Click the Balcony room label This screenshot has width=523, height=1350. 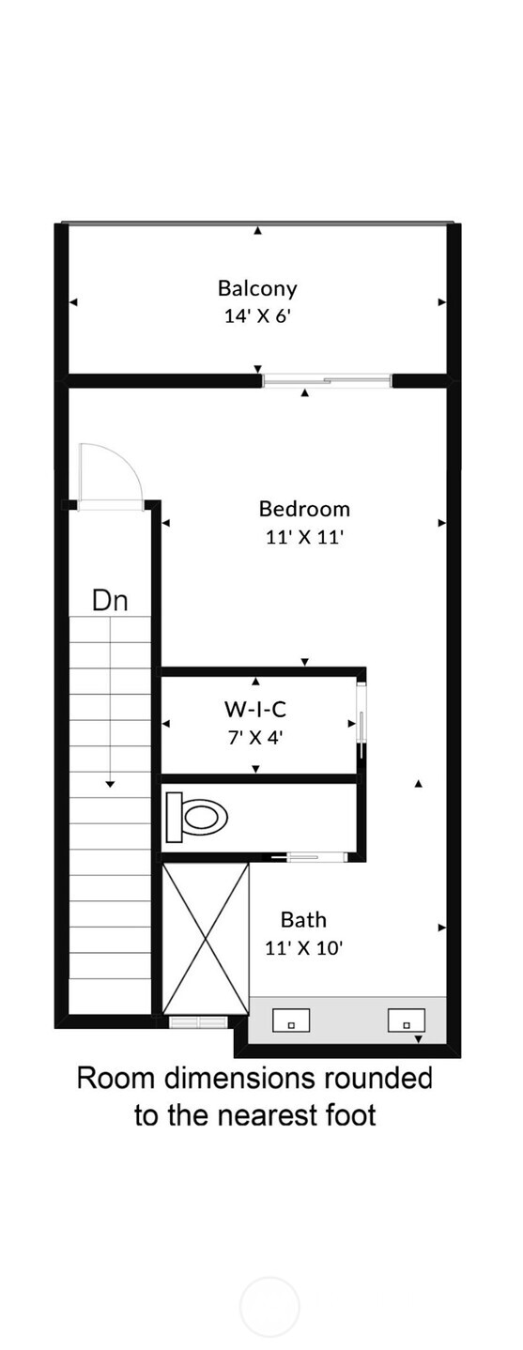click(257, 288)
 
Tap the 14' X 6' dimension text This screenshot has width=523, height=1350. click(257, 316)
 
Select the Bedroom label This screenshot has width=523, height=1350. click(304, 509)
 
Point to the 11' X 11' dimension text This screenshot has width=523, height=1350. click(304, 538)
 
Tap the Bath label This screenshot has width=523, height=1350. click(303, 919)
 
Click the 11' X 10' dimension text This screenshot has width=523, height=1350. click(303, 948)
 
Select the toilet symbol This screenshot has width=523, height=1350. click(197, 815)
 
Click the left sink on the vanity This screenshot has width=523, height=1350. click(291, 1020)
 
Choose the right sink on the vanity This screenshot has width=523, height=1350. click(407, 1020)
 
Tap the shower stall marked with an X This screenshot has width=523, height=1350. click(206, 938)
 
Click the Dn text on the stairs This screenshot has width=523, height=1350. click(110, 600)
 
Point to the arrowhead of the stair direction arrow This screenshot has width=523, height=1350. click(110, 783)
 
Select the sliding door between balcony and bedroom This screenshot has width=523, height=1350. click(326, 380)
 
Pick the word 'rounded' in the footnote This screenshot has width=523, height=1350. click(386, 1078)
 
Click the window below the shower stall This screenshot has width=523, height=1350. click(197, 1020)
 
